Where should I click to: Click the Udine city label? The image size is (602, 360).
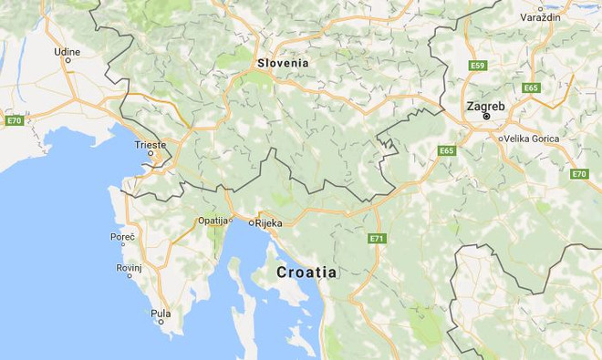click(67, 52)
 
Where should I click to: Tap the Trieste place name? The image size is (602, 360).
click(150, 144)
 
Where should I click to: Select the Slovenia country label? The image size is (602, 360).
click(283, 63)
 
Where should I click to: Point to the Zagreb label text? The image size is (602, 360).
click(485, 106)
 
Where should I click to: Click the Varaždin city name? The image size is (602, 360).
click(540, 17)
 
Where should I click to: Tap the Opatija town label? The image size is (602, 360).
click(213, 221)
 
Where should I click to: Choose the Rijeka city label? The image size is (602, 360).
click(268, 221)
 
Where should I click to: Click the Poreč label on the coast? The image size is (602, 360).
click(122, 237)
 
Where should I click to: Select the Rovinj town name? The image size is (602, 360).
click(129, 268)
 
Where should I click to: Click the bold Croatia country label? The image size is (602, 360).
click(306, 273)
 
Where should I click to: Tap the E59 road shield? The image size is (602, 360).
click(478, 66)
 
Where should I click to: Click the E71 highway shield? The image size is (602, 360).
click(377, 238)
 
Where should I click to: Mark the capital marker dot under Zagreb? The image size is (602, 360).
click(486, 117)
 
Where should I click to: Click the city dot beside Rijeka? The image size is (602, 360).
click(250, 221)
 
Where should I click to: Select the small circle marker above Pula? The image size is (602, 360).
click(161, 303)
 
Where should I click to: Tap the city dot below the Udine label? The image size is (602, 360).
click(67, 63)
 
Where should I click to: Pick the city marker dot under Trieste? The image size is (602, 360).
click(151, 154)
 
